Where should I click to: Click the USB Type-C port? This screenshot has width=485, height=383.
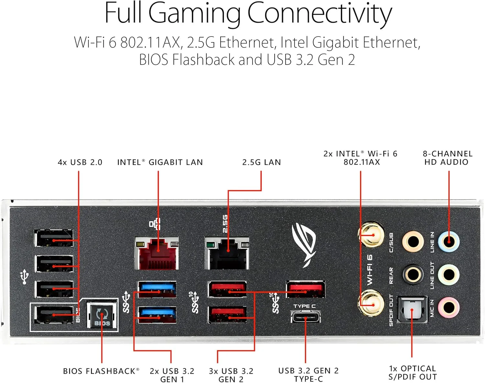click(306, 316)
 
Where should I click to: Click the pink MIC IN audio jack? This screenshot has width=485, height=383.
click(448, 307)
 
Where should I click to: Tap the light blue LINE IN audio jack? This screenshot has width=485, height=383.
click(448, 241)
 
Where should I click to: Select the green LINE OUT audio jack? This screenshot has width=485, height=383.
click(448, 275)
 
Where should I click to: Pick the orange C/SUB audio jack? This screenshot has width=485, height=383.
click(413, 241)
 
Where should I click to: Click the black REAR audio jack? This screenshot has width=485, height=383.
click(413, 275)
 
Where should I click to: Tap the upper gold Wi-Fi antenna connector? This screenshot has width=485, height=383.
click(371, 234)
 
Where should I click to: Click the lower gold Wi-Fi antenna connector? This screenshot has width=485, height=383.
click(371, 303)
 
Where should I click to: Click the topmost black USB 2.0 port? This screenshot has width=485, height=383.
click(54, 239)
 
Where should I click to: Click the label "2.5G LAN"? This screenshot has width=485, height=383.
click(262, 162)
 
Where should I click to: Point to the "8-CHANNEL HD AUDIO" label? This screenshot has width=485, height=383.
click(447, 158)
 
